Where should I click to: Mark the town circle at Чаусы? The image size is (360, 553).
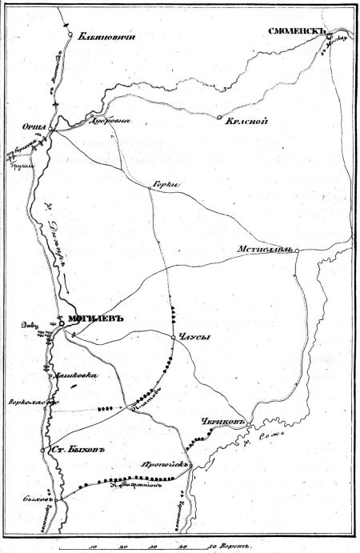coord(173,339)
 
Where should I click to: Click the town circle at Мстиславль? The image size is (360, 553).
coord(296,250)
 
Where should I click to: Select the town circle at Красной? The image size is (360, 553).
coord(219,118)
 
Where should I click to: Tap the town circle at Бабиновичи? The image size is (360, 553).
coord(70,35)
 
